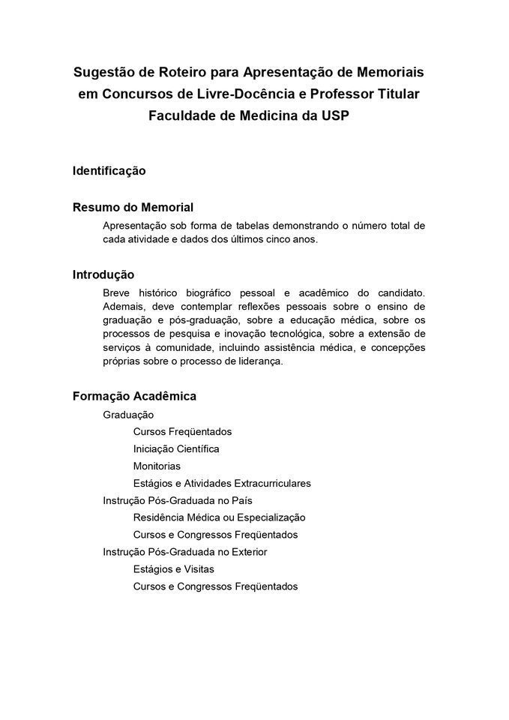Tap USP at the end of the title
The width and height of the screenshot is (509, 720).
coord(335,116)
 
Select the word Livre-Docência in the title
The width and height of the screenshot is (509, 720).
coord(240,94)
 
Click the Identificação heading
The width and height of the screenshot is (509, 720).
coord(109,171)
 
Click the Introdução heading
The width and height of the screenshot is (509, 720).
coord(103,274)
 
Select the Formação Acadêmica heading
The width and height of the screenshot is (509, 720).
coord(134,396)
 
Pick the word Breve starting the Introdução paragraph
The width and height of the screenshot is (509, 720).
coord(118,292)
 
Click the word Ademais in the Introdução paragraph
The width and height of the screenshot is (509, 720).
coord(123,306)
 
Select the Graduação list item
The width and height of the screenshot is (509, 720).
coord(128,415)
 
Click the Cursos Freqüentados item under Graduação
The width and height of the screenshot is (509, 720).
coord(182,432)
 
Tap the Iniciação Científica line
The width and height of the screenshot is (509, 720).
coord(176,449)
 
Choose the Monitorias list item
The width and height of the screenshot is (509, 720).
coord(157,466)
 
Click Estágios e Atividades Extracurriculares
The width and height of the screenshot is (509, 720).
coord(222,484)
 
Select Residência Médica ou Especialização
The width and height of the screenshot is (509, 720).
coord(219,517)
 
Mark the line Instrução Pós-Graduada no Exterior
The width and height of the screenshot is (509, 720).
coord(185,552)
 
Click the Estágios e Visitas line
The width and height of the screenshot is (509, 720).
coord(173,569)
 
